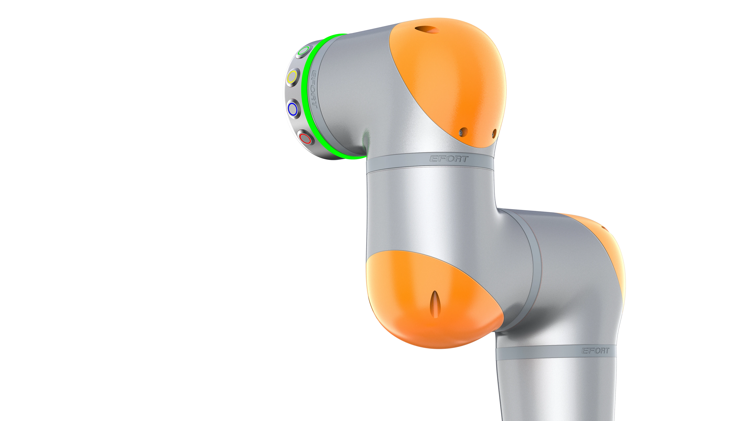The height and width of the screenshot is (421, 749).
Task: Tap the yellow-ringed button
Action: click(292, 77)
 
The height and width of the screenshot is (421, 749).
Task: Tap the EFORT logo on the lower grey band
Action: click(595, 351)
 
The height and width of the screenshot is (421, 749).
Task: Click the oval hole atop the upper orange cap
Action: click(425, 29)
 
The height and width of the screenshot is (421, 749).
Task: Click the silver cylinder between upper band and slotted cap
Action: click(430, 212)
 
